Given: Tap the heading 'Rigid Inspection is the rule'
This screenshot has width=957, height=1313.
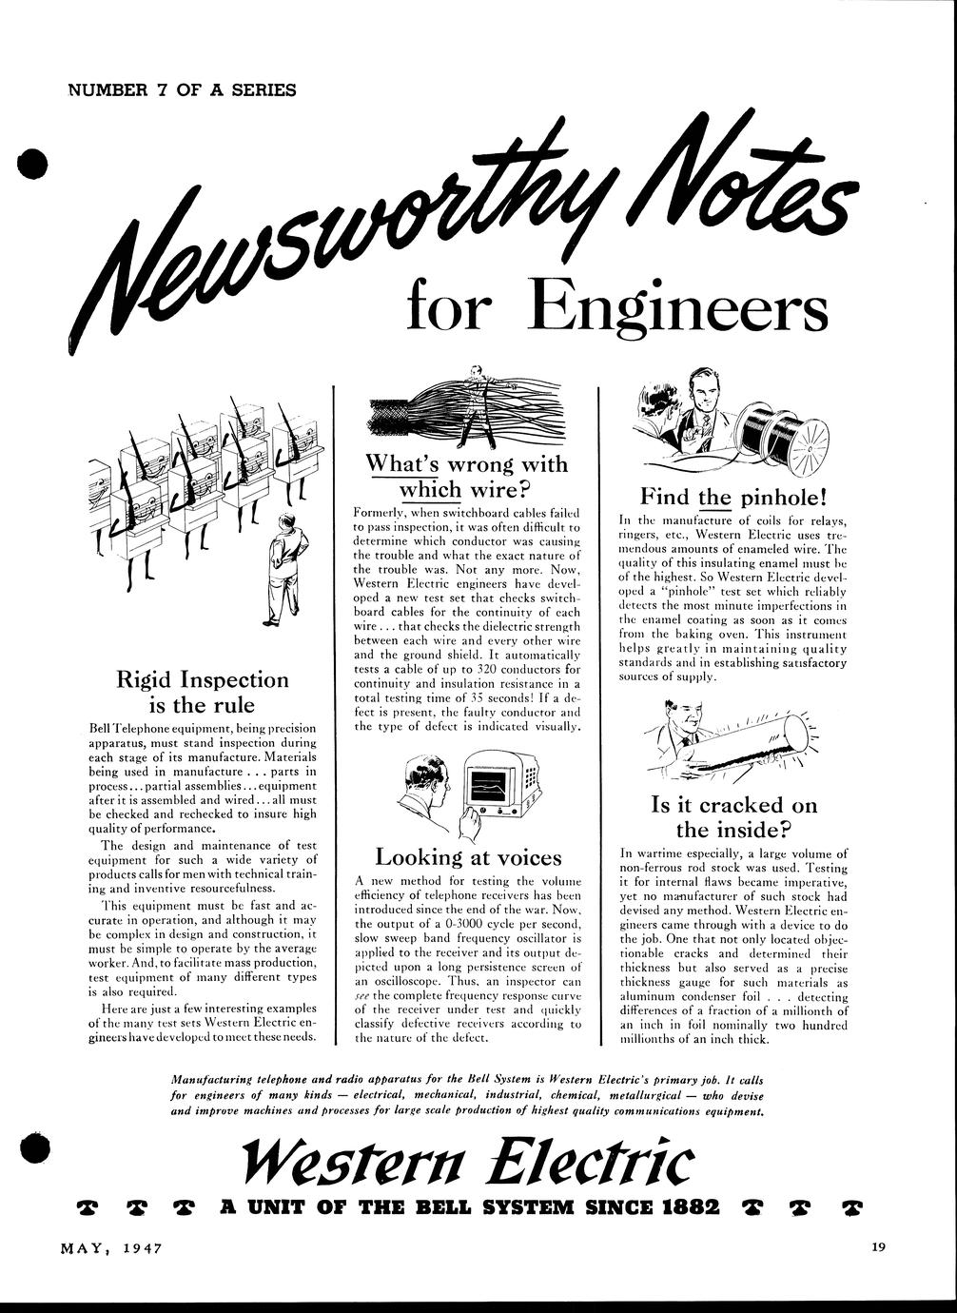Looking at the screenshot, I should click(202, 692).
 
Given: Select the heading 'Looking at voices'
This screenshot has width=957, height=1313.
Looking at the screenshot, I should click(468, 856).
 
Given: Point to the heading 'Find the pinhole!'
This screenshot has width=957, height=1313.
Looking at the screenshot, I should click(733, 496).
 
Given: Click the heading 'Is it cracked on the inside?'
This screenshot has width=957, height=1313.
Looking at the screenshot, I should click(733, 817).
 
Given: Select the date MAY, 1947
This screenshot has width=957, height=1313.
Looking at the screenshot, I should click(106, 1248).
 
